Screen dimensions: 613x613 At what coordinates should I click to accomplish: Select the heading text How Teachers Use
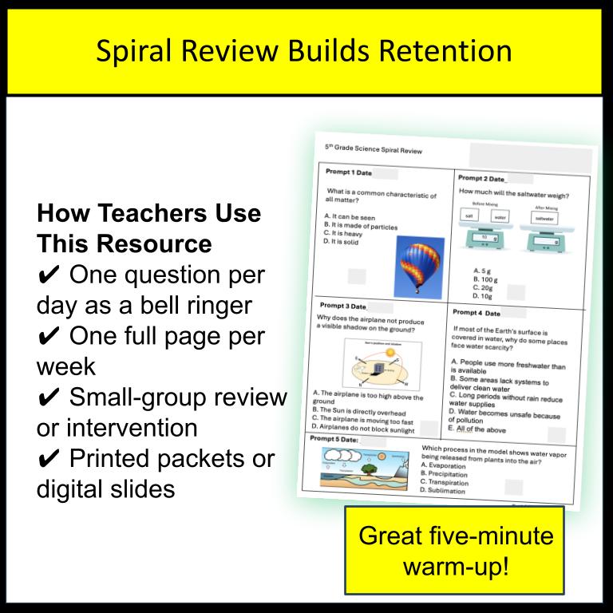click(x=149, y=214)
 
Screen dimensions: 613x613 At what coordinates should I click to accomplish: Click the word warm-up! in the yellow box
click(x=456, y=567)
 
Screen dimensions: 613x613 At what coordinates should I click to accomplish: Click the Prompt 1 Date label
click(x=348, y=172)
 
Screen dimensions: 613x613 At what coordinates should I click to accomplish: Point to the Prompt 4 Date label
click(x=477, y=314)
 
